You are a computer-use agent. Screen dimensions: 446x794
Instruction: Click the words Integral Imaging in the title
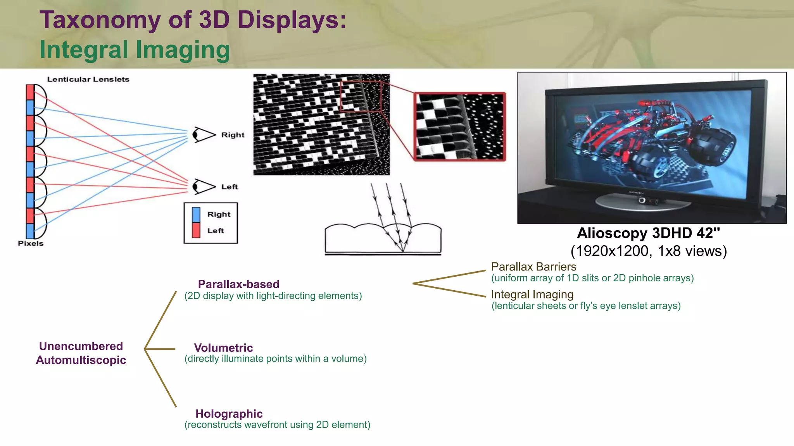[x=135, y=50]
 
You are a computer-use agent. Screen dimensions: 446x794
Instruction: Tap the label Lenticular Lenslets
[x=88, y=79]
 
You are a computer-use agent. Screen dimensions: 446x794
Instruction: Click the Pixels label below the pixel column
[x=31, y=243]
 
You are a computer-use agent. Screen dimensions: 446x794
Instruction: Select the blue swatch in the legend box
[x=196, y=215]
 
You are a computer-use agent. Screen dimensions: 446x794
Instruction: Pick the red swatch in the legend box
[x=196, y=230]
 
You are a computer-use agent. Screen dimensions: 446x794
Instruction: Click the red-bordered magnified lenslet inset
[x=460, y=127]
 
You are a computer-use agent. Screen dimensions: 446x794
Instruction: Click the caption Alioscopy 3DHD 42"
[x=648, y=233]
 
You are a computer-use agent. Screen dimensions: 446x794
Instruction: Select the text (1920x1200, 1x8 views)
[x=648, y=251]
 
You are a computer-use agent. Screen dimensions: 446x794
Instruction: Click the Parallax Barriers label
[x=533, y=267]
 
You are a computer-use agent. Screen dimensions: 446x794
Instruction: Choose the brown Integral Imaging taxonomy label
[x=532, y=294]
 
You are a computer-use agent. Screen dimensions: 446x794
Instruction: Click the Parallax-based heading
[x=238, y=284]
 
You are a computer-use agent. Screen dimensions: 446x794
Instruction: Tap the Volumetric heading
[x=223, y=348]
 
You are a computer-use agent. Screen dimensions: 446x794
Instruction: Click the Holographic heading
[x=229, y=414]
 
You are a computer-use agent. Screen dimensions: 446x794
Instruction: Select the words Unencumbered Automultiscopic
[x=81, y=353]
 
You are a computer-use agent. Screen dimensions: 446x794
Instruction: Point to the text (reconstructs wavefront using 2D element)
[x=277, y=425]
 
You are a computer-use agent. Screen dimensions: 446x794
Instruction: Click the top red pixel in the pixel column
[x=30, y=92]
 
